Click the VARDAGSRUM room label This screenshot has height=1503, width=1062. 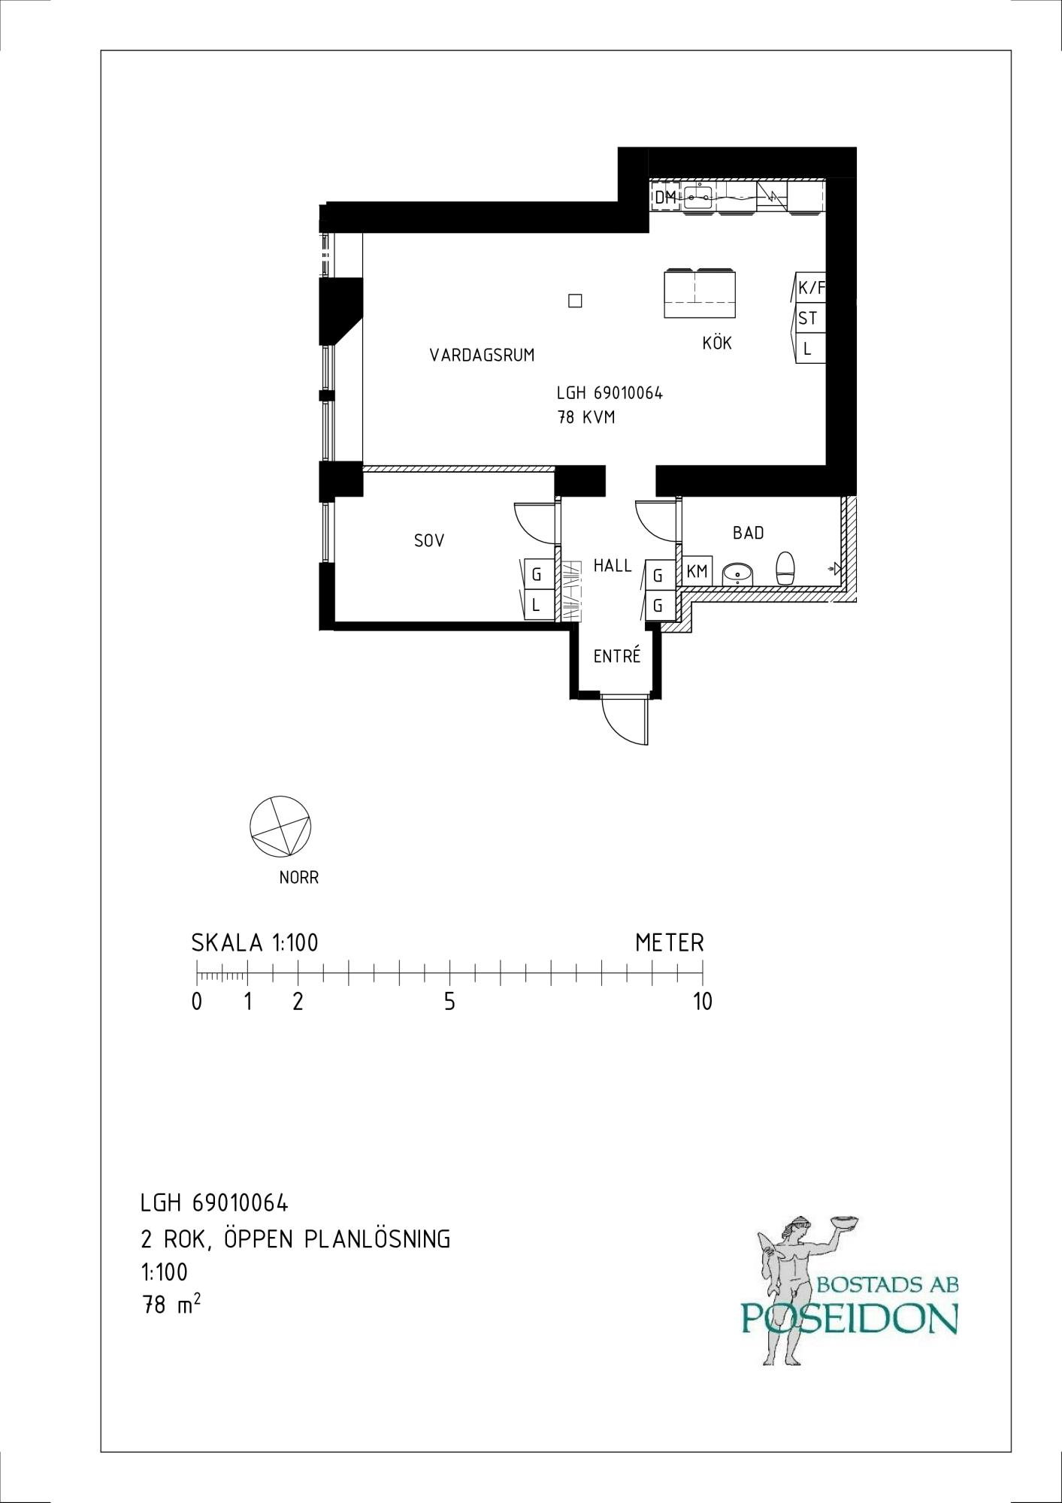[x=482, y=355]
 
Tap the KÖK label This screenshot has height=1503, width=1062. [x=717, y=343]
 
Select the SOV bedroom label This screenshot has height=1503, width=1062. [x=429, y=540]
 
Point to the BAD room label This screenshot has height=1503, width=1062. [x=749, y=533]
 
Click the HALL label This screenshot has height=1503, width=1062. [x=613, y=565]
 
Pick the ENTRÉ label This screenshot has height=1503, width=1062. [x=617, y=655]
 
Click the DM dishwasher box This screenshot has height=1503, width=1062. [x=665, y=198]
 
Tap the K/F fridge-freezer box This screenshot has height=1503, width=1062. [x=811, y=287]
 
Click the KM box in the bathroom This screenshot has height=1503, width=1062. [x=697, y=571]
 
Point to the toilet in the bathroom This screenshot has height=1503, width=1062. [x=785, y=568]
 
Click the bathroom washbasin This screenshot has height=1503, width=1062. [x=740, y=575]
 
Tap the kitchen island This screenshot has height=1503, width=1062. [x=700, y=293]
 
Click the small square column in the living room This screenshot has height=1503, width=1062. [x=576, y=301]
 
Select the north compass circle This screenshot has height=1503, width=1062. [x=280, y=826]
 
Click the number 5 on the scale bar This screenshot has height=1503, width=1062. [x=449, y=1002]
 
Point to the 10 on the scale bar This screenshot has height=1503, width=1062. [x=702, y=1002]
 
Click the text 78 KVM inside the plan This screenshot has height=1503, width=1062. [x=586, y=417]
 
